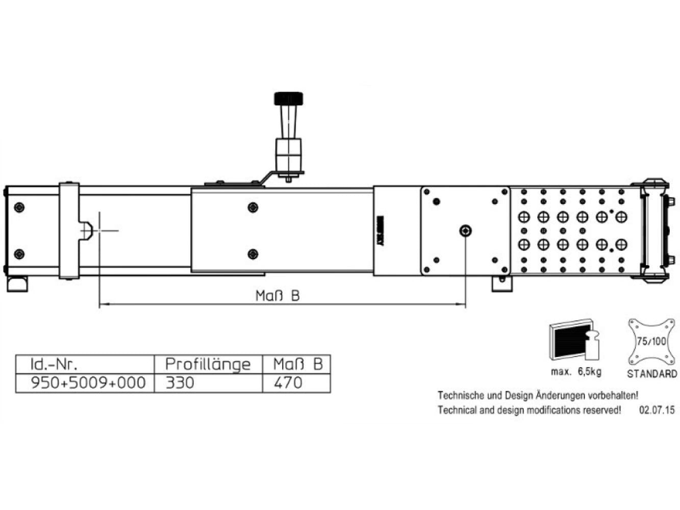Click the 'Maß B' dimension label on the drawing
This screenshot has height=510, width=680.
[277, 296]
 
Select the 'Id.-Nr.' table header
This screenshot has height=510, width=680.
[54, 364]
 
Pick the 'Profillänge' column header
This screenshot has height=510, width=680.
[208, 364]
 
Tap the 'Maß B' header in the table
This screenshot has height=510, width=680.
[297, 364]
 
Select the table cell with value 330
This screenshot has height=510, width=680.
[180, 382]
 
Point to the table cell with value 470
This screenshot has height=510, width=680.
[288, 382]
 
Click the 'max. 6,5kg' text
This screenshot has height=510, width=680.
[576, 372]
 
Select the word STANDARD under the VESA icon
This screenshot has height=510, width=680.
[652, 374]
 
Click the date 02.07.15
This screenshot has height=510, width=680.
[657, 410]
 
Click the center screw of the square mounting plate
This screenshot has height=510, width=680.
[465, 231]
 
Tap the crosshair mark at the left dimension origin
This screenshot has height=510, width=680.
[99, 231]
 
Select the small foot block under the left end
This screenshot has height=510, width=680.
[17, 284]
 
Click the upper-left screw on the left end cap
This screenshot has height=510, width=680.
[19, 207]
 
